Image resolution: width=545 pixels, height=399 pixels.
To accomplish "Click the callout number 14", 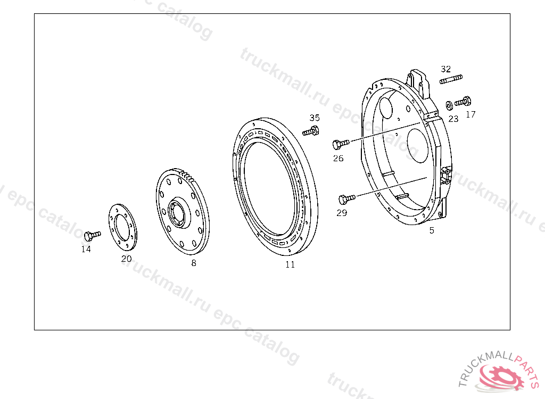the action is click(x=86, y=249).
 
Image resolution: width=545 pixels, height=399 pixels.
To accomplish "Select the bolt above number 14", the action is click(x=93, y=236).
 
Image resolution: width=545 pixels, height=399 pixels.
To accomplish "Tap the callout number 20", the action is click(x=127, y=259).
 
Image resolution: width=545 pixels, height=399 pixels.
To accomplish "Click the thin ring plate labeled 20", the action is click(x=123, y=227).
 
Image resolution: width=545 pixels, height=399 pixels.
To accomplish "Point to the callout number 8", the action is click(x=194, y=263).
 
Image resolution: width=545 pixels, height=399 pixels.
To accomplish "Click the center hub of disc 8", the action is click(x=179, y=212).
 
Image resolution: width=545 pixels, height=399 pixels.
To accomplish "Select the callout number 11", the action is click(x=290, y=265).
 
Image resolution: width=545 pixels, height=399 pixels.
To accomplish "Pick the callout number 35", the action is click(x=315, y=118).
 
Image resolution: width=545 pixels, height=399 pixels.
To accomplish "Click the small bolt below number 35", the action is click(x=310, y=131).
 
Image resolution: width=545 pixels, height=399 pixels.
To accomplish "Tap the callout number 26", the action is click(x=338, y=159).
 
